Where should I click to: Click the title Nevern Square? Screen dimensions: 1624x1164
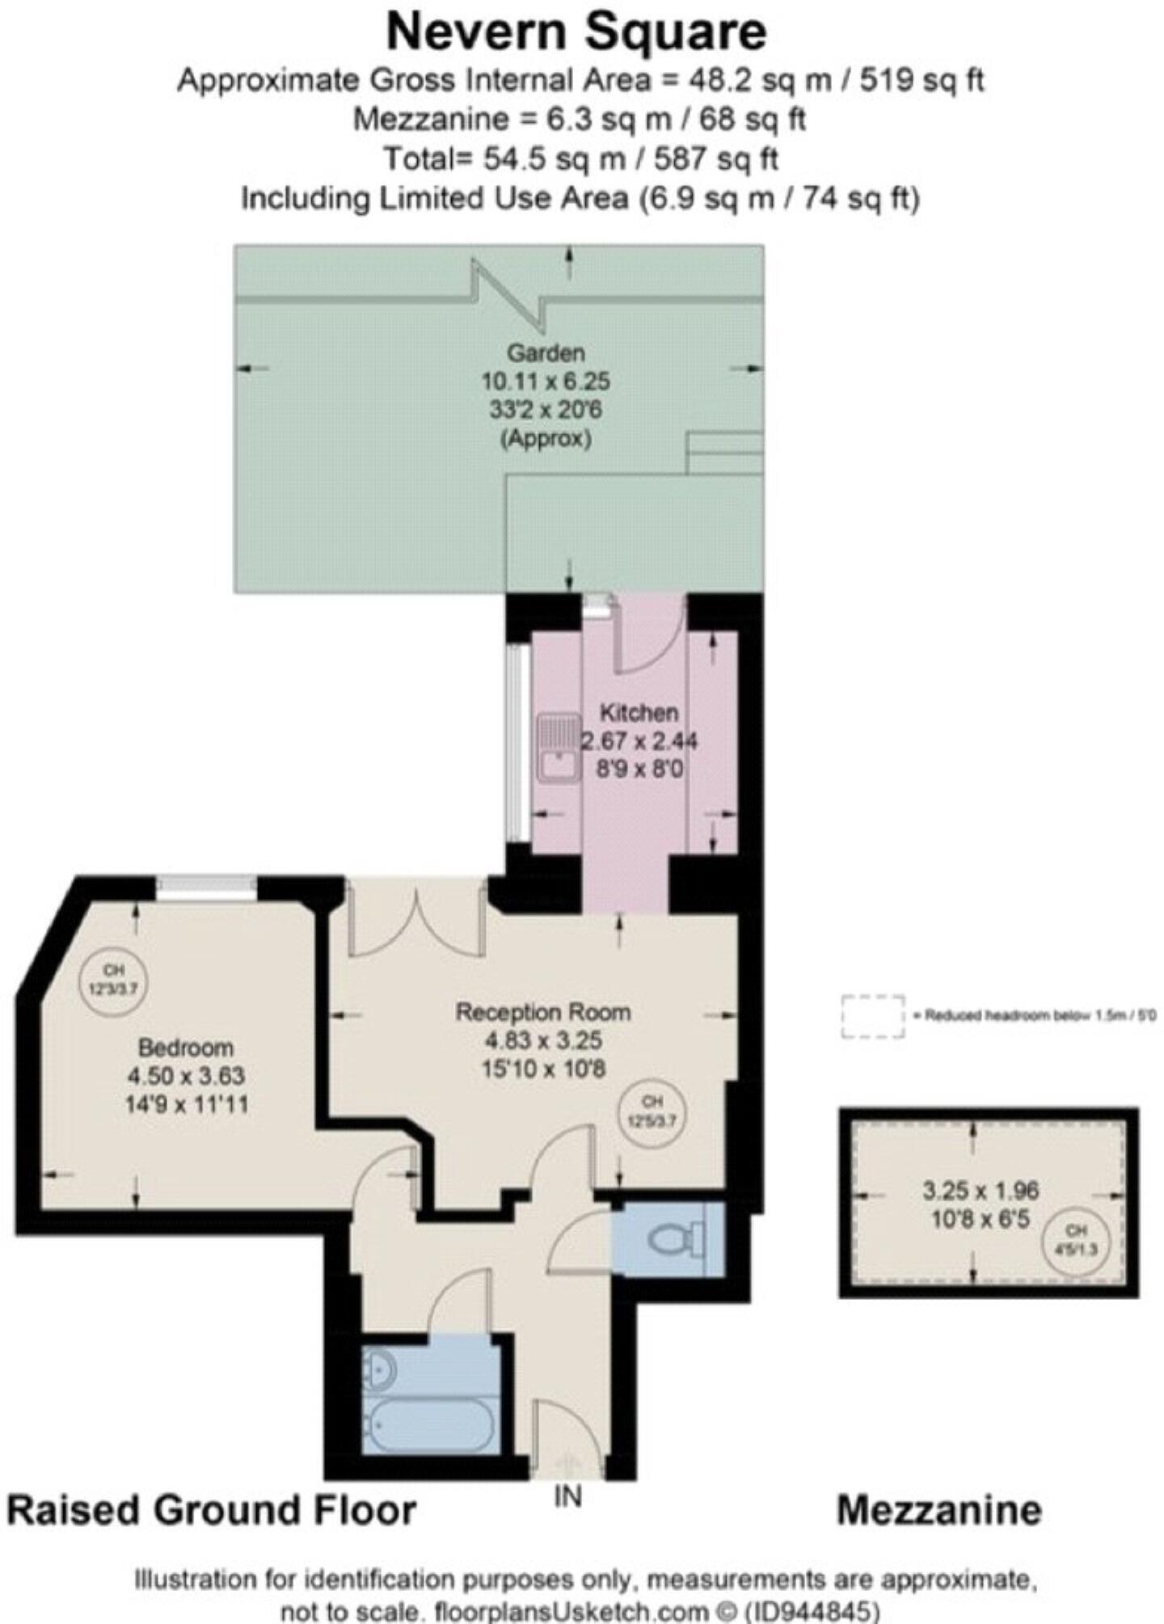(576, 32)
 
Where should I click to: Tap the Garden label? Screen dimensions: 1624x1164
(545, 352)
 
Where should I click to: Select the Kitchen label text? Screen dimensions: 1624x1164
(638, 713)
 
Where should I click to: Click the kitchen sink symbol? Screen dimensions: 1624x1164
(558, 747)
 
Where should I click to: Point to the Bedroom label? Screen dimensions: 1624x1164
(186, 1048)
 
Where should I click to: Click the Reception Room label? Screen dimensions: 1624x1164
(542, 1012)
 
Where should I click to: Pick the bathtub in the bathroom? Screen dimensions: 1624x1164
(428, 1426)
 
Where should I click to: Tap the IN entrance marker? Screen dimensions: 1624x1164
(567, 1497)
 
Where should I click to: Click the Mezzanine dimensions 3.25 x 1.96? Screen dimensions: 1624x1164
(980, 1190)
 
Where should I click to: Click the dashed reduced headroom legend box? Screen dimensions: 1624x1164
(872, 1016)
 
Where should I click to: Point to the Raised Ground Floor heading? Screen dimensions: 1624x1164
(212, 1510)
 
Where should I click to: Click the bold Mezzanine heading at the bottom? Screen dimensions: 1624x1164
(938, 1510)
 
